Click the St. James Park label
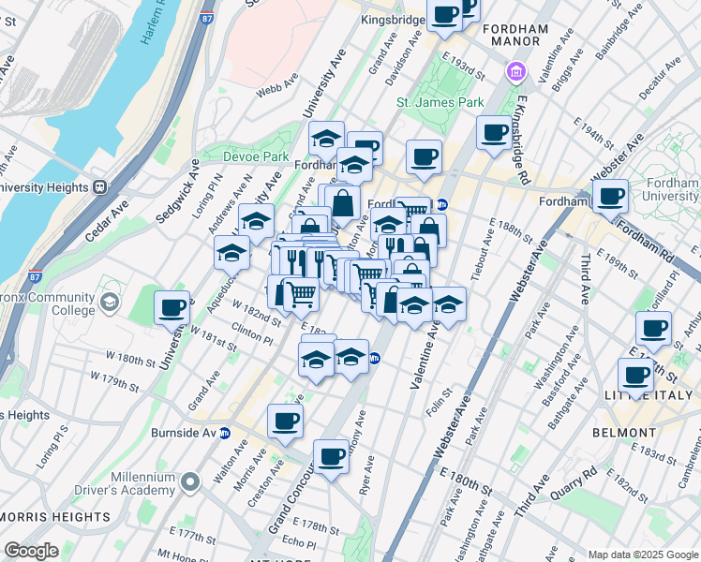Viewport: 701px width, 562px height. pyautogui.click(x=426, y=102)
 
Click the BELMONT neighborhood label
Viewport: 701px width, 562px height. pyautogui.click(x=624, y=433)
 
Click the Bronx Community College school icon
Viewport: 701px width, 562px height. pyautogui.click(x=110, y=302)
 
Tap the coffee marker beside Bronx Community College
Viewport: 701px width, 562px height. pyautogui.click(x=172, y=308)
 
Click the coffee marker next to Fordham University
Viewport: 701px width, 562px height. pyautogui.click(x=610, y=198)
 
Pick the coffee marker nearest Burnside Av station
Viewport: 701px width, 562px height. pyautogui.click(x=285, y=421)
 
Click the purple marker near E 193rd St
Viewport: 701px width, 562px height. pyautogui.click(x=515, y=72)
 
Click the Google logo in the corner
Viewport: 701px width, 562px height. pyautogui.click(x=31, y=550)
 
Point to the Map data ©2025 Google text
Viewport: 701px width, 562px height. pyautogui.click(x=642, y=555)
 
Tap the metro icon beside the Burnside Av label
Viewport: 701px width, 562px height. pyautogui.click(x=225, y=434)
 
